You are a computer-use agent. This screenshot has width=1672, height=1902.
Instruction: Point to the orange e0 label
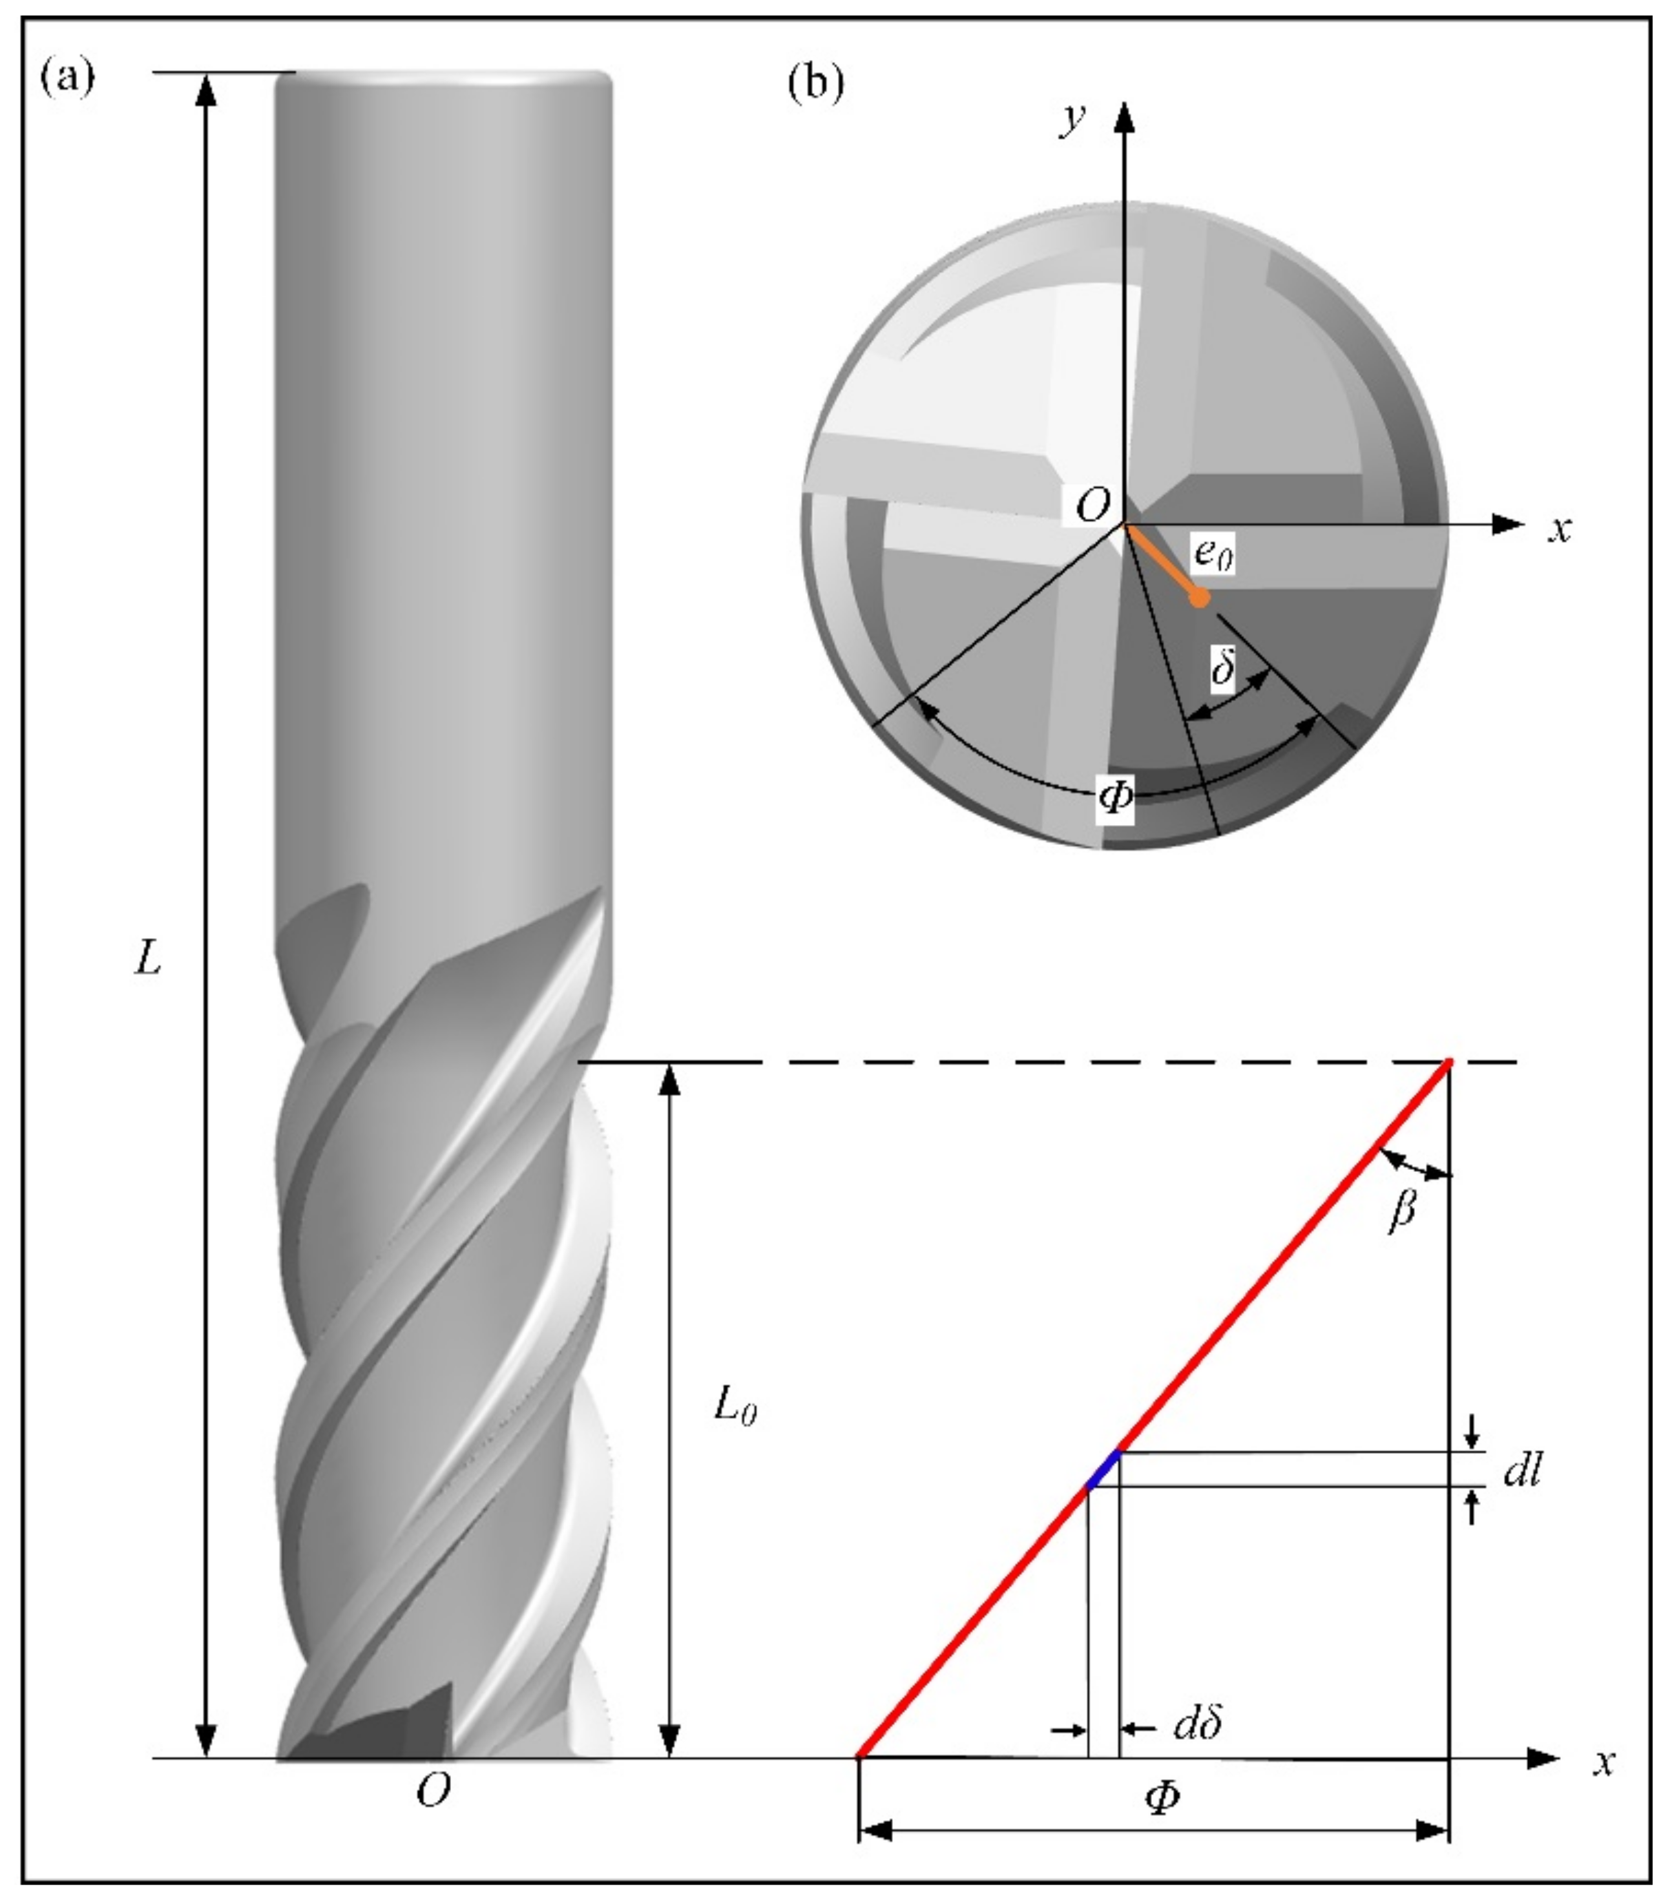1213,556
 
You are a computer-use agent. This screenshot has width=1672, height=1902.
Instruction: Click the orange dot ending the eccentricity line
1200,598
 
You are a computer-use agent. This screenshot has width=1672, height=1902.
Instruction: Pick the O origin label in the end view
1092,507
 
